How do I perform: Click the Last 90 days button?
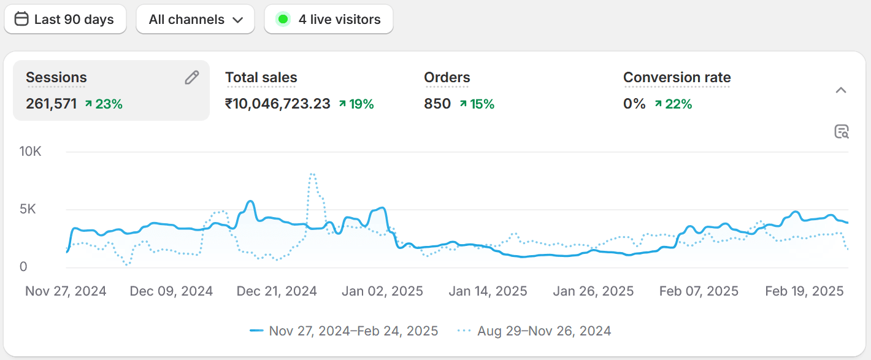(x=65, y=20)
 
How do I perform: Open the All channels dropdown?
(x=195, y=20)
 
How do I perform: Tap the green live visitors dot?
(x=283, y=20)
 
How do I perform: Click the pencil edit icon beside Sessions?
(x=192, y=77)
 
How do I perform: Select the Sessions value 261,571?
(x=51, y=104)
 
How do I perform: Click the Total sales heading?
(x=261, y=78)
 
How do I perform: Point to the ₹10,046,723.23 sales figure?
(x=277, y=104)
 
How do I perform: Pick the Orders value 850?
(x=437, y=104)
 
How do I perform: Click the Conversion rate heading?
(x=677, y=78)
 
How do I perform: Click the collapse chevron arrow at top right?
(x=841, y=91)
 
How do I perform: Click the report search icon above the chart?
(x=842, y=131)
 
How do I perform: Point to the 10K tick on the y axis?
(x=30, y=151)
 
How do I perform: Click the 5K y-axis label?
(x=28, y=209)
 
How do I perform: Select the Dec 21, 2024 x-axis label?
(x=277, y=291)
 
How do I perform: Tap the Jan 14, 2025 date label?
(x=488, y=291)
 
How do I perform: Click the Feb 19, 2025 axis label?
(x=804, y=291)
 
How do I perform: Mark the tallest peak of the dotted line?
(x=312, y=174)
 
